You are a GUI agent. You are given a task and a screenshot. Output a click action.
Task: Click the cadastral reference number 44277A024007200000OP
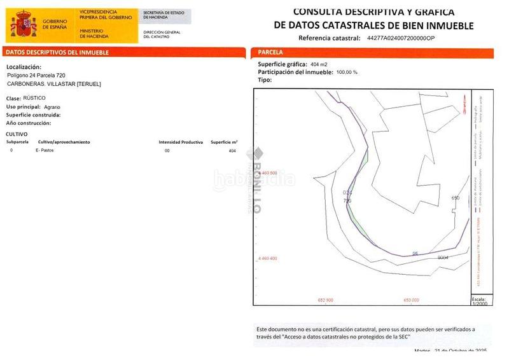click(x=401, y=38)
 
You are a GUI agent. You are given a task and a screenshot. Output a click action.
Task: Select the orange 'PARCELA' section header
click(x=271, y=52)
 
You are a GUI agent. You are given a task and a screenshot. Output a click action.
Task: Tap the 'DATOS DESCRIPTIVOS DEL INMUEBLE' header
click(x=57, y=52)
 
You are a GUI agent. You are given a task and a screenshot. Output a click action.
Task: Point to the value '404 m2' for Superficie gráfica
click(x=319, y=65)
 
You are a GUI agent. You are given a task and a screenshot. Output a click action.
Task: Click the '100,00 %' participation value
click(x=347, y=73)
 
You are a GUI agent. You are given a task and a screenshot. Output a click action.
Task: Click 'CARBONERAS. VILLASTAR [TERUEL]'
click(x=53, y=84)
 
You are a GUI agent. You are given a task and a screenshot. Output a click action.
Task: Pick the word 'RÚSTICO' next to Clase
click(x=34, y=99)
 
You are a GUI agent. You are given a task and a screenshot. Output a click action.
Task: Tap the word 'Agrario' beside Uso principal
click(x=52, y=107)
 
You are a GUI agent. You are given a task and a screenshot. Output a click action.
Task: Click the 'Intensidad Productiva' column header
click(x=181, y=142)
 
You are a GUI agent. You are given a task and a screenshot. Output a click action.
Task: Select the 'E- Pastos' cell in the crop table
click(x=45, y=151)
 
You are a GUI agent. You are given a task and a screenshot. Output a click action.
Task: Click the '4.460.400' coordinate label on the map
click(x=267, y=259)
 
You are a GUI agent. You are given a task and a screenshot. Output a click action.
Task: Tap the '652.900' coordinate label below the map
click(x=325, y=300)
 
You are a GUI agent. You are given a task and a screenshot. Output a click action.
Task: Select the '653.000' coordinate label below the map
click(x=411, y=300)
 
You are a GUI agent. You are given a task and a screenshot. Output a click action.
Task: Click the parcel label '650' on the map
click(x=455, y=198)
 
